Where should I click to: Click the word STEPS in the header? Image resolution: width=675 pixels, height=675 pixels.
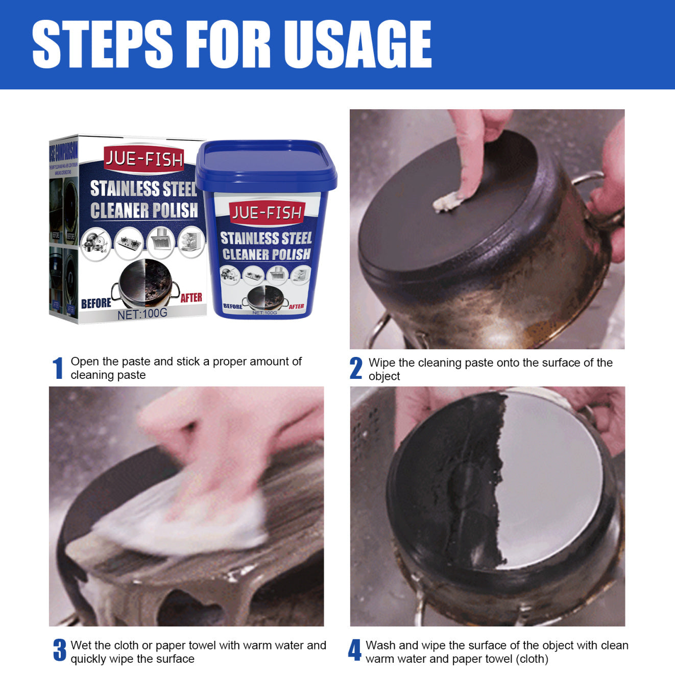coord(102,44)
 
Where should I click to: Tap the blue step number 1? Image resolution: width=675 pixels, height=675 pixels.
coord(58,368)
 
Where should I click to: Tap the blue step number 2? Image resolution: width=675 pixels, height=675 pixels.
coord(356,368)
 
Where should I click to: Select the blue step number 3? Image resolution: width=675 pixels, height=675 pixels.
coord(60,650)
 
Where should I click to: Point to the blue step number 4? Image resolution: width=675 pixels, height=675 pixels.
coord(354,650)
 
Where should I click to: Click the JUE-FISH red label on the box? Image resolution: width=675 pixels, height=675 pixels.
coord(143,159)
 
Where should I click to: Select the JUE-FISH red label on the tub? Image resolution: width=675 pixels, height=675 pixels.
coord(267,213)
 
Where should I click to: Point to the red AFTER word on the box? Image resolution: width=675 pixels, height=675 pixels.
coord(191,298)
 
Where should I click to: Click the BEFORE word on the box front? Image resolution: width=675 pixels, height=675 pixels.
coord(96,303)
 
